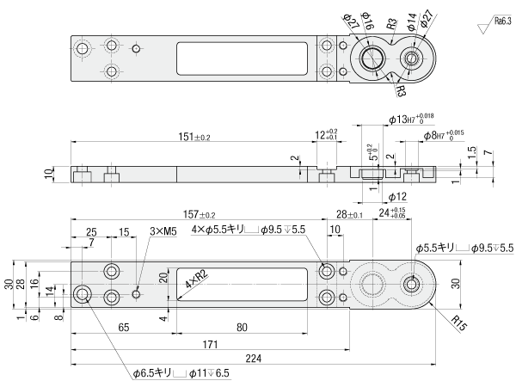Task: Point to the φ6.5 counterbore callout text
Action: click(x=182, y=373)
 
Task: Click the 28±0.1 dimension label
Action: click(x=348, y=215)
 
